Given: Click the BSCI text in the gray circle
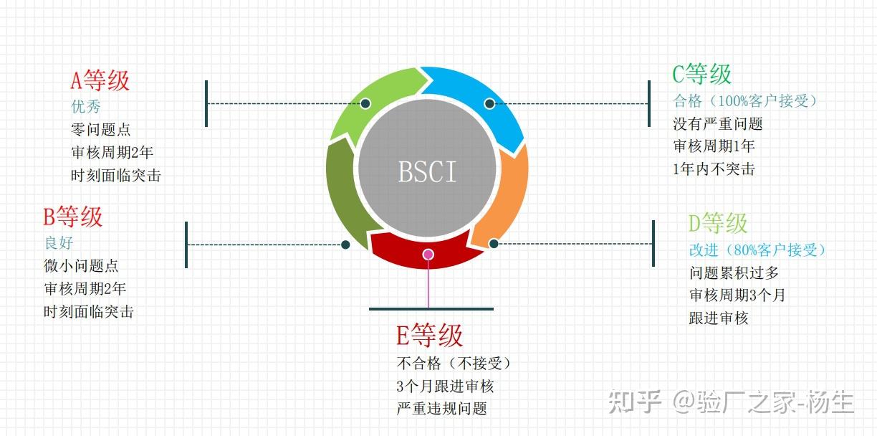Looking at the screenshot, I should [x=427, y=173].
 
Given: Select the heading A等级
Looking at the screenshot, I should [x=100, y=80].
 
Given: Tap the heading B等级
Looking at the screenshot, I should [x=73, y=216].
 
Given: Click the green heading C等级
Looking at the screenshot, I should [x=702, y=74].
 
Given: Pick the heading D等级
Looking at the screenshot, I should [x=718, y=223].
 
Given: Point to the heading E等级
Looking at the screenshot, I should [x=430, y=335].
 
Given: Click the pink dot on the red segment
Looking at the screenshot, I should [x=428, y=254].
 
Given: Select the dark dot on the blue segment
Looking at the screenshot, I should [x=489, y=103].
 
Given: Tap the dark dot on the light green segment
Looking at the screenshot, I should [x=365, y=103].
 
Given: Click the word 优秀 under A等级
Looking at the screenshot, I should [x=86, y=107].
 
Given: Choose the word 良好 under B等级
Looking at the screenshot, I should [x=59, y=243].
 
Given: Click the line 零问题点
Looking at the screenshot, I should [x=101, y=130].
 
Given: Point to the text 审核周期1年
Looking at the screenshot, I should [x=714, y=146].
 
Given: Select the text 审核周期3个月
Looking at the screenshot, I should [x=737, y=295].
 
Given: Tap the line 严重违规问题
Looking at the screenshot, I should [x=441, y=409].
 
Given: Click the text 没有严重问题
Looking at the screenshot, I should [x=717, y=123].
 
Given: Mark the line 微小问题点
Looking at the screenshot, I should [x=81, y=265].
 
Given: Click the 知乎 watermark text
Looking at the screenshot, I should [x=635, y=402].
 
